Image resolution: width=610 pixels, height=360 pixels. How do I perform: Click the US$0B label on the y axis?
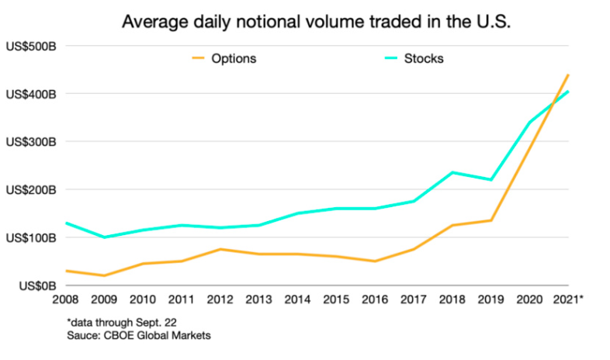40,286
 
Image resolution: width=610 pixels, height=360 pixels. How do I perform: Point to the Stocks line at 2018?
452,172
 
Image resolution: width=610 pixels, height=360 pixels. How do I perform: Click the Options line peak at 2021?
569,74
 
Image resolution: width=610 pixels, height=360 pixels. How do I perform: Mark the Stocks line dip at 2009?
105,237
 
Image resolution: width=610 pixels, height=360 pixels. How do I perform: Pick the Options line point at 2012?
220,249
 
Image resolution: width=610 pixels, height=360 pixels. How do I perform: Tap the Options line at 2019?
491,220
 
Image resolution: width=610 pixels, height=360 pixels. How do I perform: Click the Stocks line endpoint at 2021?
569,92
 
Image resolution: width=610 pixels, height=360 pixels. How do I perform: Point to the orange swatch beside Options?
199,59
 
